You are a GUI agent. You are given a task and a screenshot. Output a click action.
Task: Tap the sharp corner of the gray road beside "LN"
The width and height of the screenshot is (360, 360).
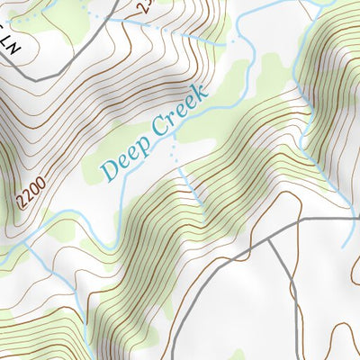coord(35,79)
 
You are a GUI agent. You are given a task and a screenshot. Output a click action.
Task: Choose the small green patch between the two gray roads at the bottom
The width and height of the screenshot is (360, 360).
coord(237,354)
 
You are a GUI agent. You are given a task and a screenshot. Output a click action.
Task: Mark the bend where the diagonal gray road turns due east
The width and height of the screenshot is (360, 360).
coord(298,219)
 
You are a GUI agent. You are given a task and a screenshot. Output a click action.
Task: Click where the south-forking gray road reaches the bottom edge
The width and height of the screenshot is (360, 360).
coord(173,358)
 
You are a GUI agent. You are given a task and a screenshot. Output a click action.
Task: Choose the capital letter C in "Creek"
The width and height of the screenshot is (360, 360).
coord(158,128)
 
